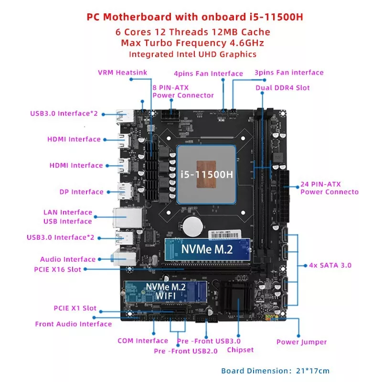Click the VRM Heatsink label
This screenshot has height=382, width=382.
[x=123, y=73]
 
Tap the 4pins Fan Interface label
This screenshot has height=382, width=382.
[x=208, y=74]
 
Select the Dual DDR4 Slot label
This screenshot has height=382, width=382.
[x=283, y=88]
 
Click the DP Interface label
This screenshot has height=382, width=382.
[x=82, y=192]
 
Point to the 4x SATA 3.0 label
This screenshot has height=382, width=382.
[x=330, y=265]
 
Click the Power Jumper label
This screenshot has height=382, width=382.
[x=302, y=342]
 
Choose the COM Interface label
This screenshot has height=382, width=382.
[x=143, y=340]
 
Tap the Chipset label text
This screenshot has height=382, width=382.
[x=240, y=350]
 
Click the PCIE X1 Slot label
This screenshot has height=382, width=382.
[x=75, y=308]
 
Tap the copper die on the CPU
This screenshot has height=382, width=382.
[x=206, y=174]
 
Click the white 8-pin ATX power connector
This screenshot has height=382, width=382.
[x=170, y=116]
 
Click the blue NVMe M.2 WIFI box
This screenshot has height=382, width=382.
[x=166, y=292]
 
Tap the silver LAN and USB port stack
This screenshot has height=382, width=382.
[x=127, y=218]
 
